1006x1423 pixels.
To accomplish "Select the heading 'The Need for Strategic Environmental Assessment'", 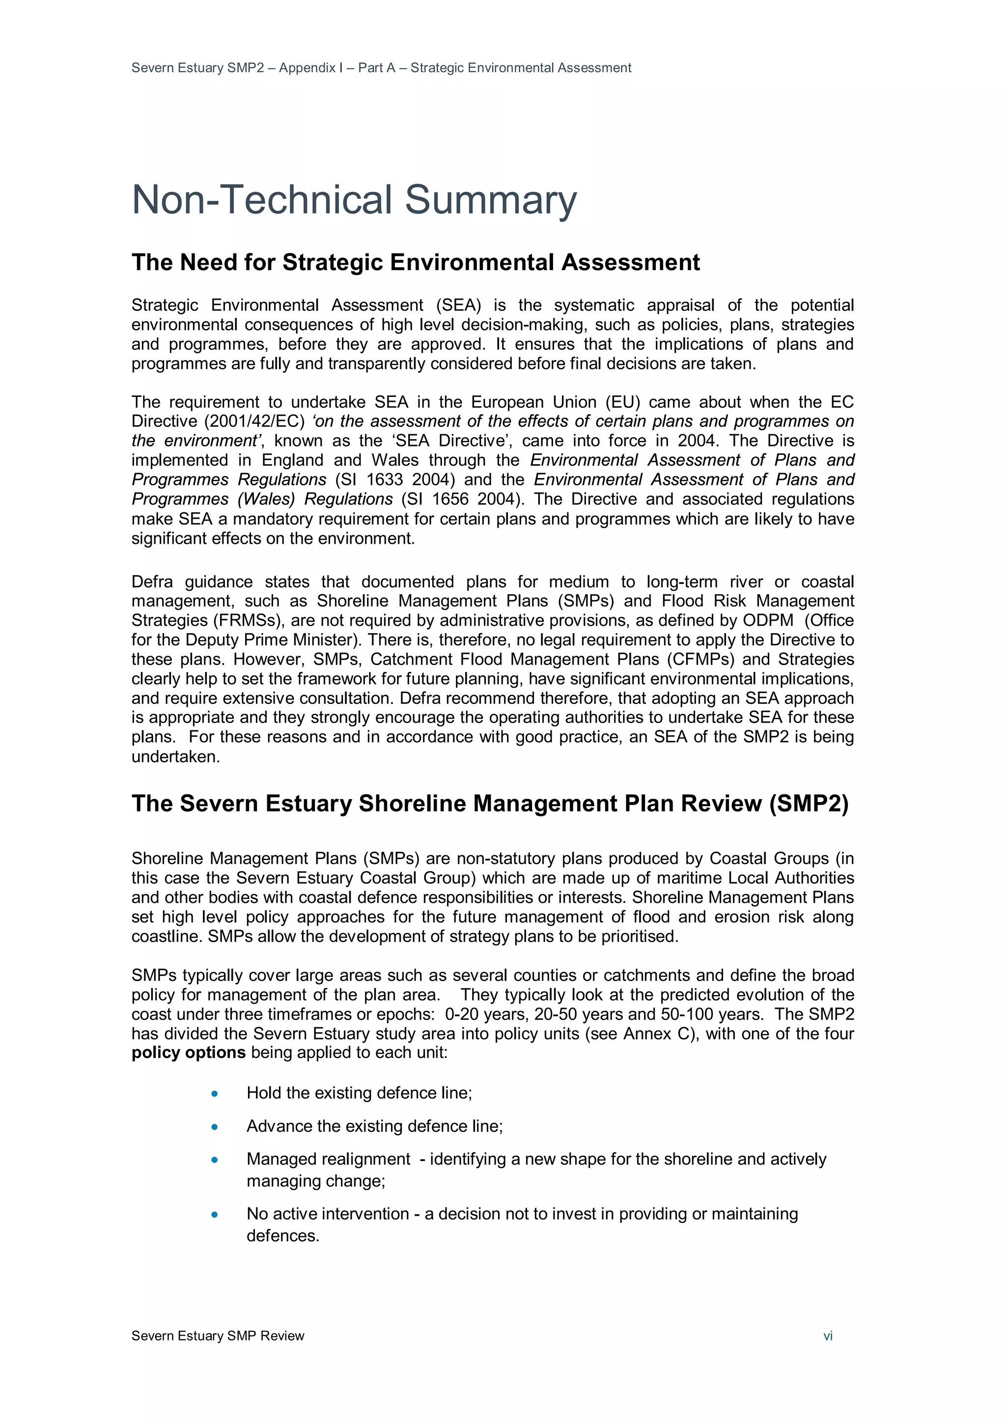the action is coord(415,262).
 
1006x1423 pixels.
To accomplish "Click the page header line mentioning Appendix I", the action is coord(381,68).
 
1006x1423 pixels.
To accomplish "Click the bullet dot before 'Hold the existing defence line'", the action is coord(215,1094).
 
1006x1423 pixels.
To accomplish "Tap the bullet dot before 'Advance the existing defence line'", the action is coord(215,1127).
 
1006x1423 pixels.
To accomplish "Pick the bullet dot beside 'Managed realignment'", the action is coord(215,1160).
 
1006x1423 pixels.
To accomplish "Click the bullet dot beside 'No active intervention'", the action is coord(215,1214).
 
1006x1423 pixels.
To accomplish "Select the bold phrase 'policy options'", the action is coord(189,1053).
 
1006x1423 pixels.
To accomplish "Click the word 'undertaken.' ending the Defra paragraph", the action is coord(175,757).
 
